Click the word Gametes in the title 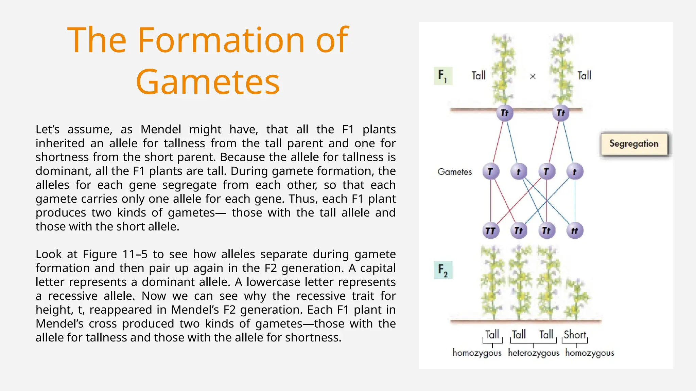click(208, 82)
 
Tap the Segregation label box click(634, 144)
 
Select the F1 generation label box click(443, 76)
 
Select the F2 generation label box click(443, 270)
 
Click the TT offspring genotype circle click(490, 231)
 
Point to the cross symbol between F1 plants click(533, 76)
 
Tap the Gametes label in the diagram click(454, 172)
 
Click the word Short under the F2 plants click(575, 335)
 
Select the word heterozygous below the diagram click(534, 353)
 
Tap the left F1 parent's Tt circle click(505, 113)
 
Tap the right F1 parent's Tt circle click(561, 113)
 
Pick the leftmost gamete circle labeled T click(490, 171)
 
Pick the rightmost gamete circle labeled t click(575, 171)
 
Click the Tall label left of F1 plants click(478, 75)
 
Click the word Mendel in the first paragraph click(161, 129)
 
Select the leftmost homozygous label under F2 click(477, 353)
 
